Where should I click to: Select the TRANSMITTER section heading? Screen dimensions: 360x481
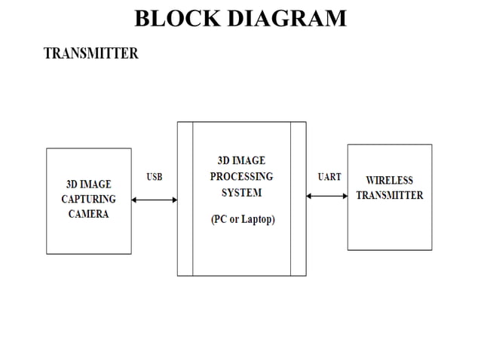tap(90, 54)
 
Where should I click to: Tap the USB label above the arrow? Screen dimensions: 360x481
tap(154, 177)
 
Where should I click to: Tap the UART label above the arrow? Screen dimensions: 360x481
tap(329, 177)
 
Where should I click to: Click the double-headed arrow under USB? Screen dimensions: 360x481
tap(155, 200)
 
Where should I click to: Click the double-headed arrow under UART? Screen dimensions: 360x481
tap(326, 196)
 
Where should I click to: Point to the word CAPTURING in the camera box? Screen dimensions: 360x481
tap(88, 200)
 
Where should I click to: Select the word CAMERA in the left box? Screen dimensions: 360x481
tap(88, 214)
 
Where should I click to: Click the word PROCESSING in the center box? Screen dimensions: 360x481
tap(241, 176)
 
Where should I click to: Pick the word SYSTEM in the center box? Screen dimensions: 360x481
tap(241, 193)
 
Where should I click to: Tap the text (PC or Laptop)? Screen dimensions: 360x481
tap(242, 220)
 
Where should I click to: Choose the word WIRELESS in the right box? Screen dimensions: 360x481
tap(389, 181)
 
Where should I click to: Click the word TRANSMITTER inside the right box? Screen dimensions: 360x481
tap(389, 195)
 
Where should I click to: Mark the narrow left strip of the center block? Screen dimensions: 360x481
tap(185, 198)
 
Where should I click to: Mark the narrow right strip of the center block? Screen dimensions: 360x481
tap(298, 198)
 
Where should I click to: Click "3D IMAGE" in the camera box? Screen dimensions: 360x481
tap(88, 185)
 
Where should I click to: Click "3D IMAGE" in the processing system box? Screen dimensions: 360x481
tap(241, 160)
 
